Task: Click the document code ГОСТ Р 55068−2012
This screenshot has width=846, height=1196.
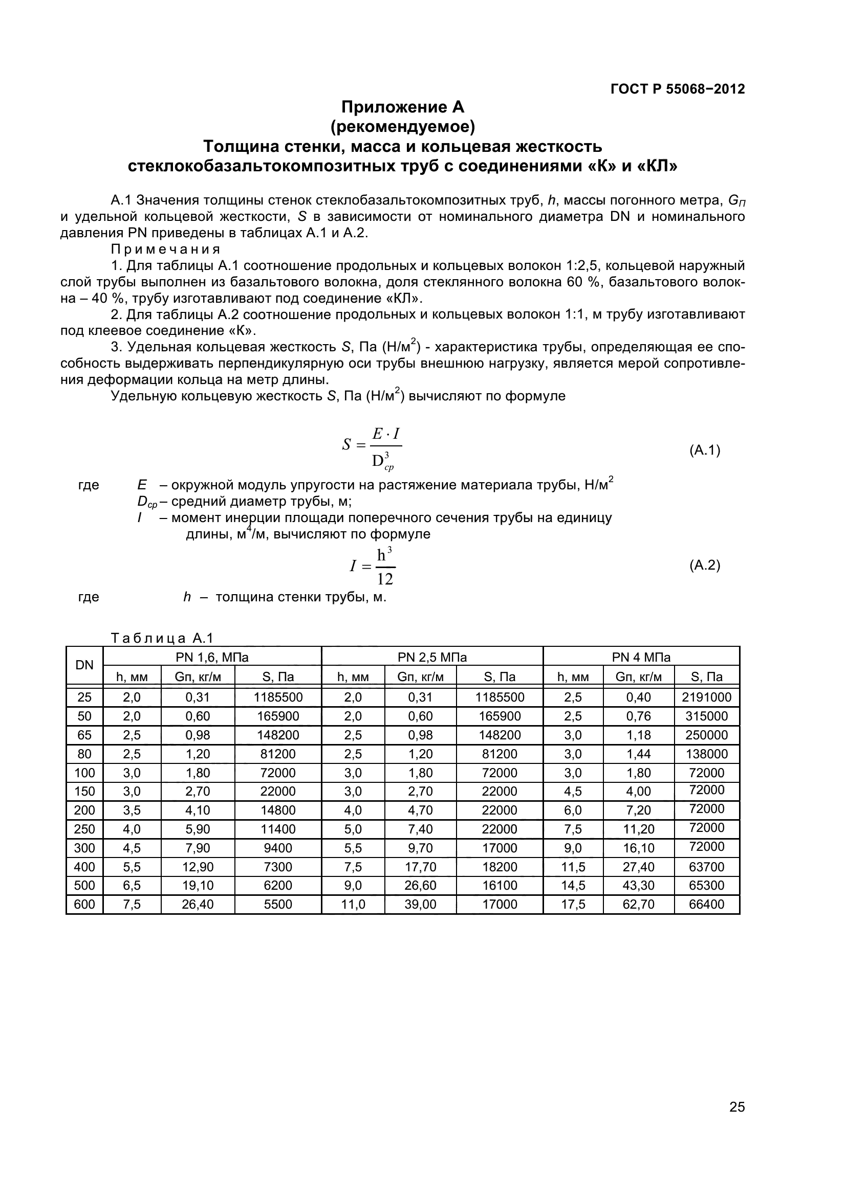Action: click(x=677, y=89)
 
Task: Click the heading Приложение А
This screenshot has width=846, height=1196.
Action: click(x=402, y=107)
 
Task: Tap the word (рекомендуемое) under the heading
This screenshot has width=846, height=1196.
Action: click(x=402, y=127)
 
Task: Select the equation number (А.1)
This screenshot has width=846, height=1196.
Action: click(x=704, y=450)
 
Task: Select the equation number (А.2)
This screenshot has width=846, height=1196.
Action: click(x=704, y=565)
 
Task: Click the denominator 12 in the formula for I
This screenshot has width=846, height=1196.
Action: click(x=385, y=579)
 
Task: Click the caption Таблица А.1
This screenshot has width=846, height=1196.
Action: click(x=162, y=638)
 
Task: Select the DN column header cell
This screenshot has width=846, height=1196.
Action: click(x=84, y=665)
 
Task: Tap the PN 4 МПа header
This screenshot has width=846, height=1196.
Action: click(x=641, y=658)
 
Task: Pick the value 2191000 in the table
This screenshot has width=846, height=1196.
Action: click(x=706, y=697)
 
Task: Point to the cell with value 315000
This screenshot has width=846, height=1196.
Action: click(x=706, y=716)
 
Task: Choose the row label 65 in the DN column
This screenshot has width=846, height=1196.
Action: click(x=84, y=735)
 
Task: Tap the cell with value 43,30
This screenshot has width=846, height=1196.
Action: click(x=638, y=886)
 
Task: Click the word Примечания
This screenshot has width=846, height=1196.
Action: click(x=165, y=249)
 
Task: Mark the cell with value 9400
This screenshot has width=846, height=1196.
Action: click(x=278, y=848)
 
